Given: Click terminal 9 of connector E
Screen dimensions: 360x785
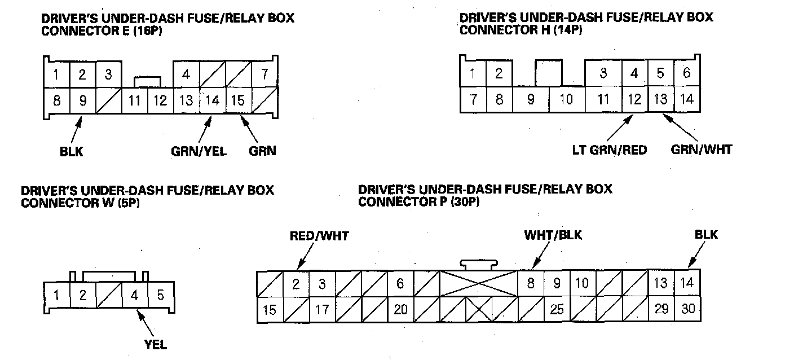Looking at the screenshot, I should [x=83, y=101].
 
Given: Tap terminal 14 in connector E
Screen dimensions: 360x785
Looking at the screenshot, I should [x=212, y=101].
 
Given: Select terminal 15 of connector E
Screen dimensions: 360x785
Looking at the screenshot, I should [x=238, y=101].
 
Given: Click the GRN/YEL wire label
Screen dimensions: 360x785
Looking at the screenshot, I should [x=199, y=152].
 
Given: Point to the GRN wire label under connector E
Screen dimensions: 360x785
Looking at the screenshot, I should [x=262, y=152].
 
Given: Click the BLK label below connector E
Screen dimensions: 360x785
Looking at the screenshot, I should [x=71, y=152].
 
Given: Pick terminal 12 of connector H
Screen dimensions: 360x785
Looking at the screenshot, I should [x=634, y=100].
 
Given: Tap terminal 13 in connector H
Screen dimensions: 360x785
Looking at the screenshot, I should [x=660, y=100].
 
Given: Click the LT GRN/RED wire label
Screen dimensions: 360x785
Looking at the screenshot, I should [x=608, y=150].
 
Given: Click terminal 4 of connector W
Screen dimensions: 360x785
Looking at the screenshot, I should [x=135, y=295].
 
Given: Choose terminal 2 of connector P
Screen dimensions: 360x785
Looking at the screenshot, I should [x=296, y=284].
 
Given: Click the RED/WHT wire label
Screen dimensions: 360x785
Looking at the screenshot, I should [x=319, y=236].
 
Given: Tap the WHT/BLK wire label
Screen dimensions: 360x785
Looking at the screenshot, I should [x=553, y=235].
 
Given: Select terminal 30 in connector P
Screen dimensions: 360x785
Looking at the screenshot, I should [x=687, y=310].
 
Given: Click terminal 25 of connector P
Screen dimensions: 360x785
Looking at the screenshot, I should [x=557, y=310].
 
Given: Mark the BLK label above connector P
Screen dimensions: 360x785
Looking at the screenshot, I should [x=707, y=235].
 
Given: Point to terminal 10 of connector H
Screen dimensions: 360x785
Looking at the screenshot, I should [x=566, y=100].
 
